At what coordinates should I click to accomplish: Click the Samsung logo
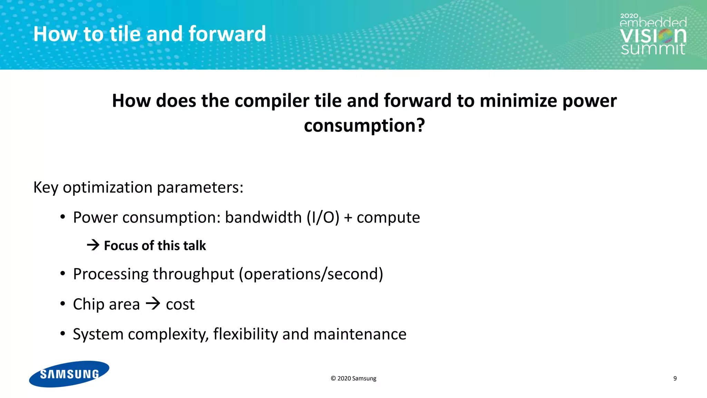click(x=69, y=374)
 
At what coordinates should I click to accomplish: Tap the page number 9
click(x=675, y=378)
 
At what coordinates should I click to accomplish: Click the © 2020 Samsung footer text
click(x=353, y=378)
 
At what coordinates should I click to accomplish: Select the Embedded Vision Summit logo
click(x=653, y=35)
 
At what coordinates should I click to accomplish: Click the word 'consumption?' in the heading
click(x=364, y=125)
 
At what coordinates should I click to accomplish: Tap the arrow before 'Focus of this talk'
click(x=93, y=245)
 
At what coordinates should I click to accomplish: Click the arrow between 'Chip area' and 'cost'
click(x=153, y=304)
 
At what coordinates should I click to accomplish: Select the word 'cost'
click(x=180, y=304)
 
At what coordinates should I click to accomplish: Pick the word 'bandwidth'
click(x=263, y=218)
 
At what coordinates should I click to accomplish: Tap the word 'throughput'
click(x=194, y=274)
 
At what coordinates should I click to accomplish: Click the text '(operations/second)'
click(x=311, y=274)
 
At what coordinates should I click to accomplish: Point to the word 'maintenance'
click(x=360, y=334)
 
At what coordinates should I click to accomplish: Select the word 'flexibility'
click(x=245, y=334)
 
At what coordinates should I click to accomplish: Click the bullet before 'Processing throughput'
click(x=62, y=274)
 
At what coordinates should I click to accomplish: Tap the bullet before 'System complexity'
click(x=62, y=334)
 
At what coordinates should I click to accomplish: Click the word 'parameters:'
click(x=200, y=188)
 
